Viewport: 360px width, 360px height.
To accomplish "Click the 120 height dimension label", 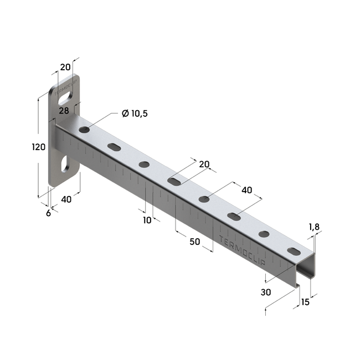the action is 39,147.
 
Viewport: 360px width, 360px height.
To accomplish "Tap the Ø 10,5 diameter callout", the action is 135,114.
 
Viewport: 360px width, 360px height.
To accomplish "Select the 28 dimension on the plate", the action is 64,111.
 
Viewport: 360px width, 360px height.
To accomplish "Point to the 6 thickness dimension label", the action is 48,213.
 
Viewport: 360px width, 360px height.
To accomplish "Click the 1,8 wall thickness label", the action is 314,227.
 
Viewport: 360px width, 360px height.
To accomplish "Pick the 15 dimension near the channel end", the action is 305,302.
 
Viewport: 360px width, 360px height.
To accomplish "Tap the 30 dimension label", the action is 266,292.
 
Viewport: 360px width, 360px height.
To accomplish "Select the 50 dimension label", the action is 195,241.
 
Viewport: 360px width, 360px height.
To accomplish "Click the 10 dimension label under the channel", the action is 147,220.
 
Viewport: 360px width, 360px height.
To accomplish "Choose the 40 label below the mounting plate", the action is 66,199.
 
